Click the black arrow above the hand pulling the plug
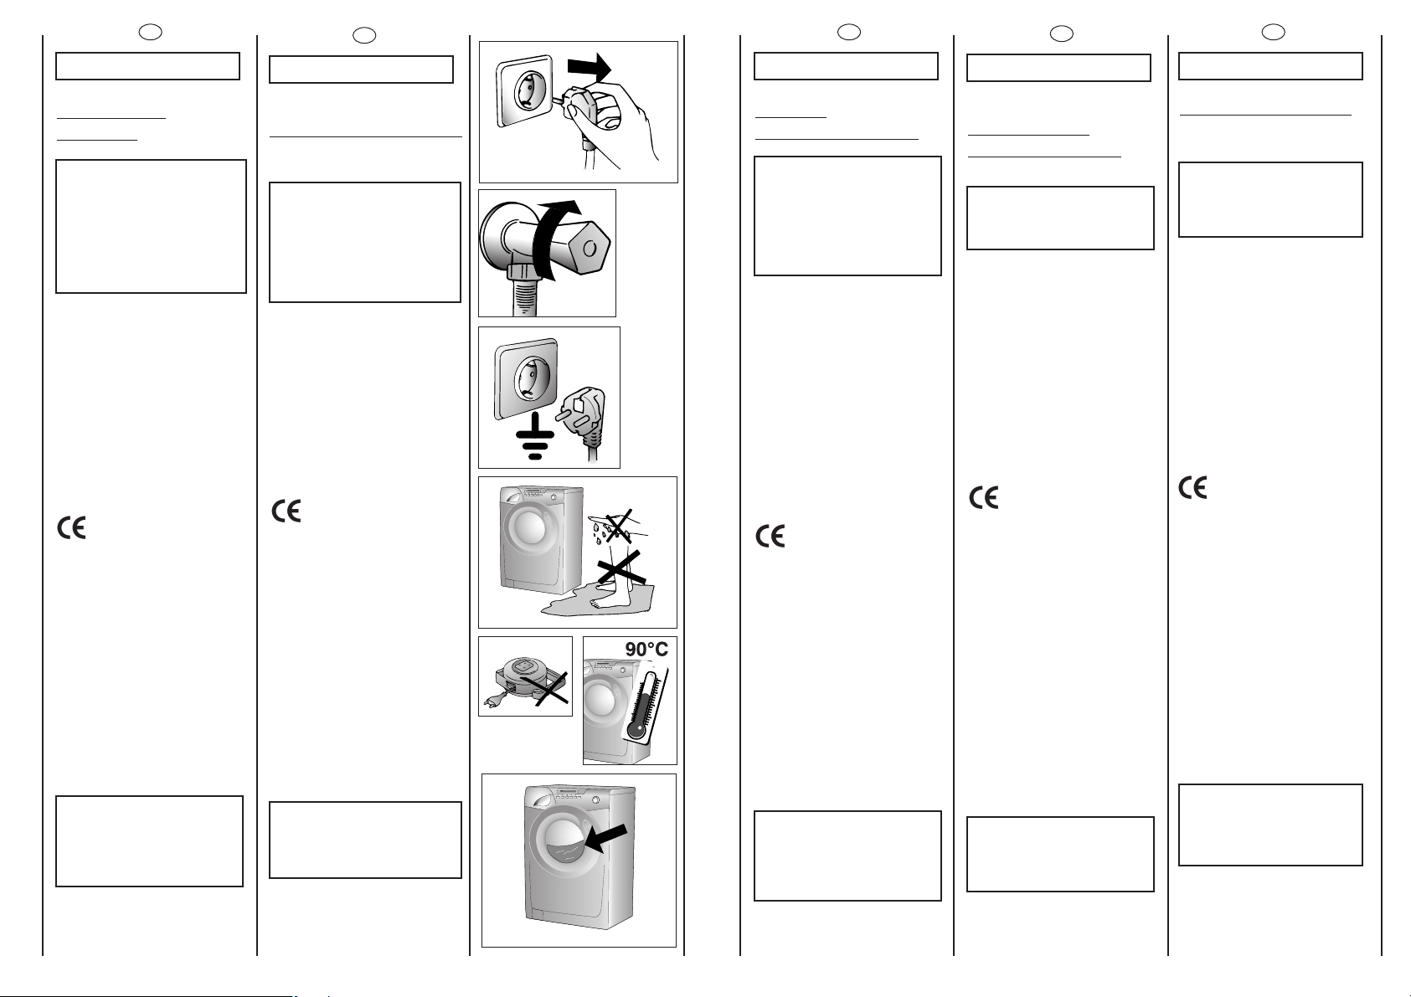(x=589, y=67)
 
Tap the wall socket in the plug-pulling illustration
(x=525, y=90)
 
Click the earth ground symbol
(x=535, y=436)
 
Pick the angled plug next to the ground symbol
(x=582, y=419)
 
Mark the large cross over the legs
(x=621, y=567)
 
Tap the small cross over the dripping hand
(x=619, y=526)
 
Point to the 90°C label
(x=646, y=649)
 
